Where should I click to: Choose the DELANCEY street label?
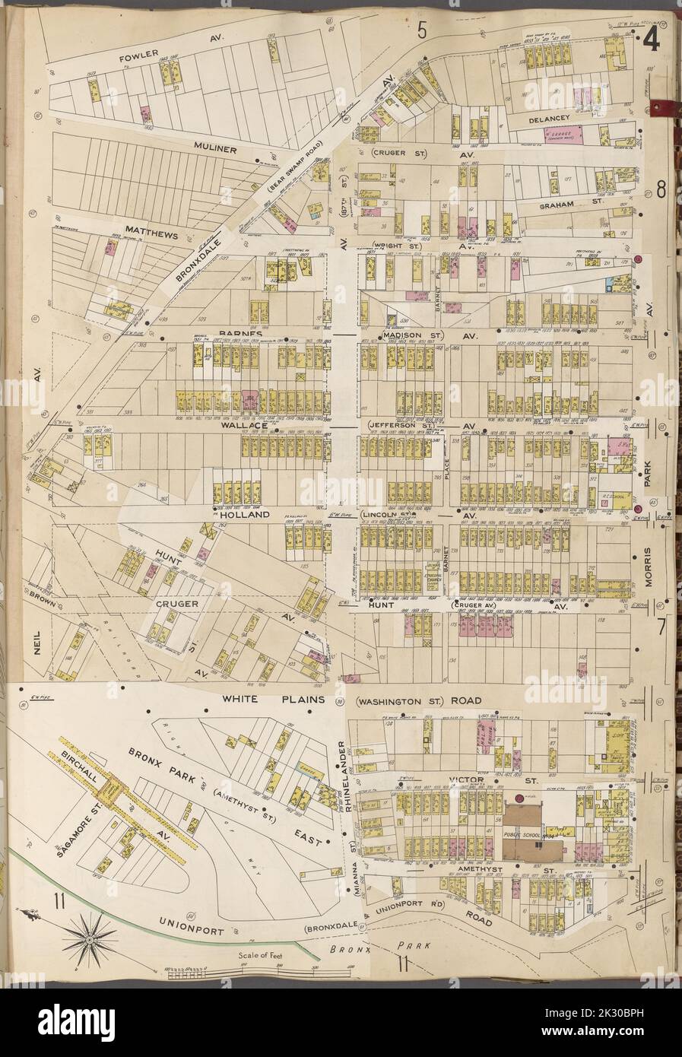coord(545,119)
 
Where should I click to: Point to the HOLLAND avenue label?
coord(246,514)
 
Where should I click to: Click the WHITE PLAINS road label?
coord(274,697)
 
